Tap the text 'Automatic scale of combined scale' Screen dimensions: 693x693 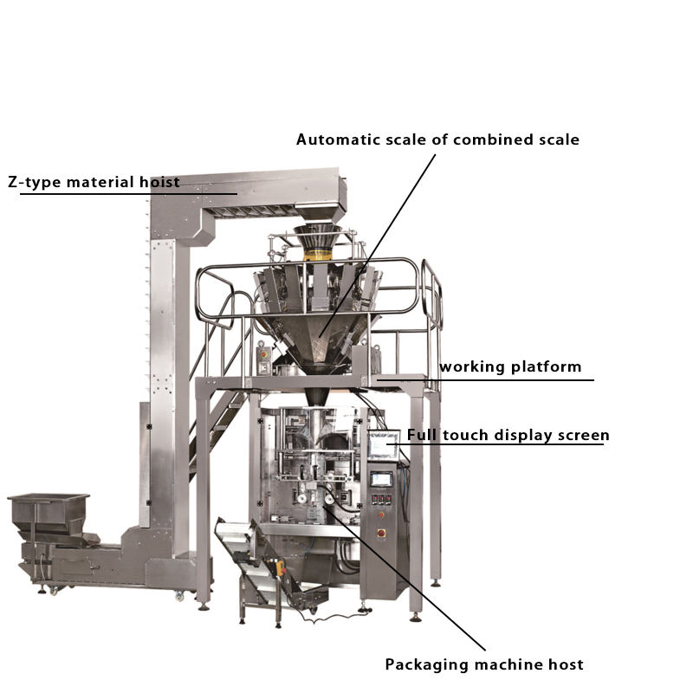437,139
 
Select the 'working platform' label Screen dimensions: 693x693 510,366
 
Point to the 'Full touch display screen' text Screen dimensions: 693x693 508,435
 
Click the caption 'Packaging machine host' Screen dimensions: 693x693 483,664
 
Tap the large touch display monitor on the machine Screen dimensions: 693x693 382,445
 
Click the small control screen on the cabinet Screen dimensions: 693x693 380,478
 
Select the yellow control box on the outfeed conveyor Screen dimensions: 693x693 280,567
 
